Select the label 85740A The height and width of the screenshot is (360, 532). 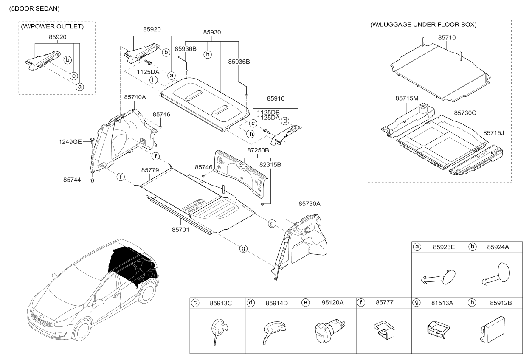tap(135, 97)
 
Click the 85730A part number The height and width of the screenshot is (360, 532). tap(309, 204)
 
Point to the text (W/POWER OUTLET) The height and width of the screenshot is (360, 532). tap(52, 27)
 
